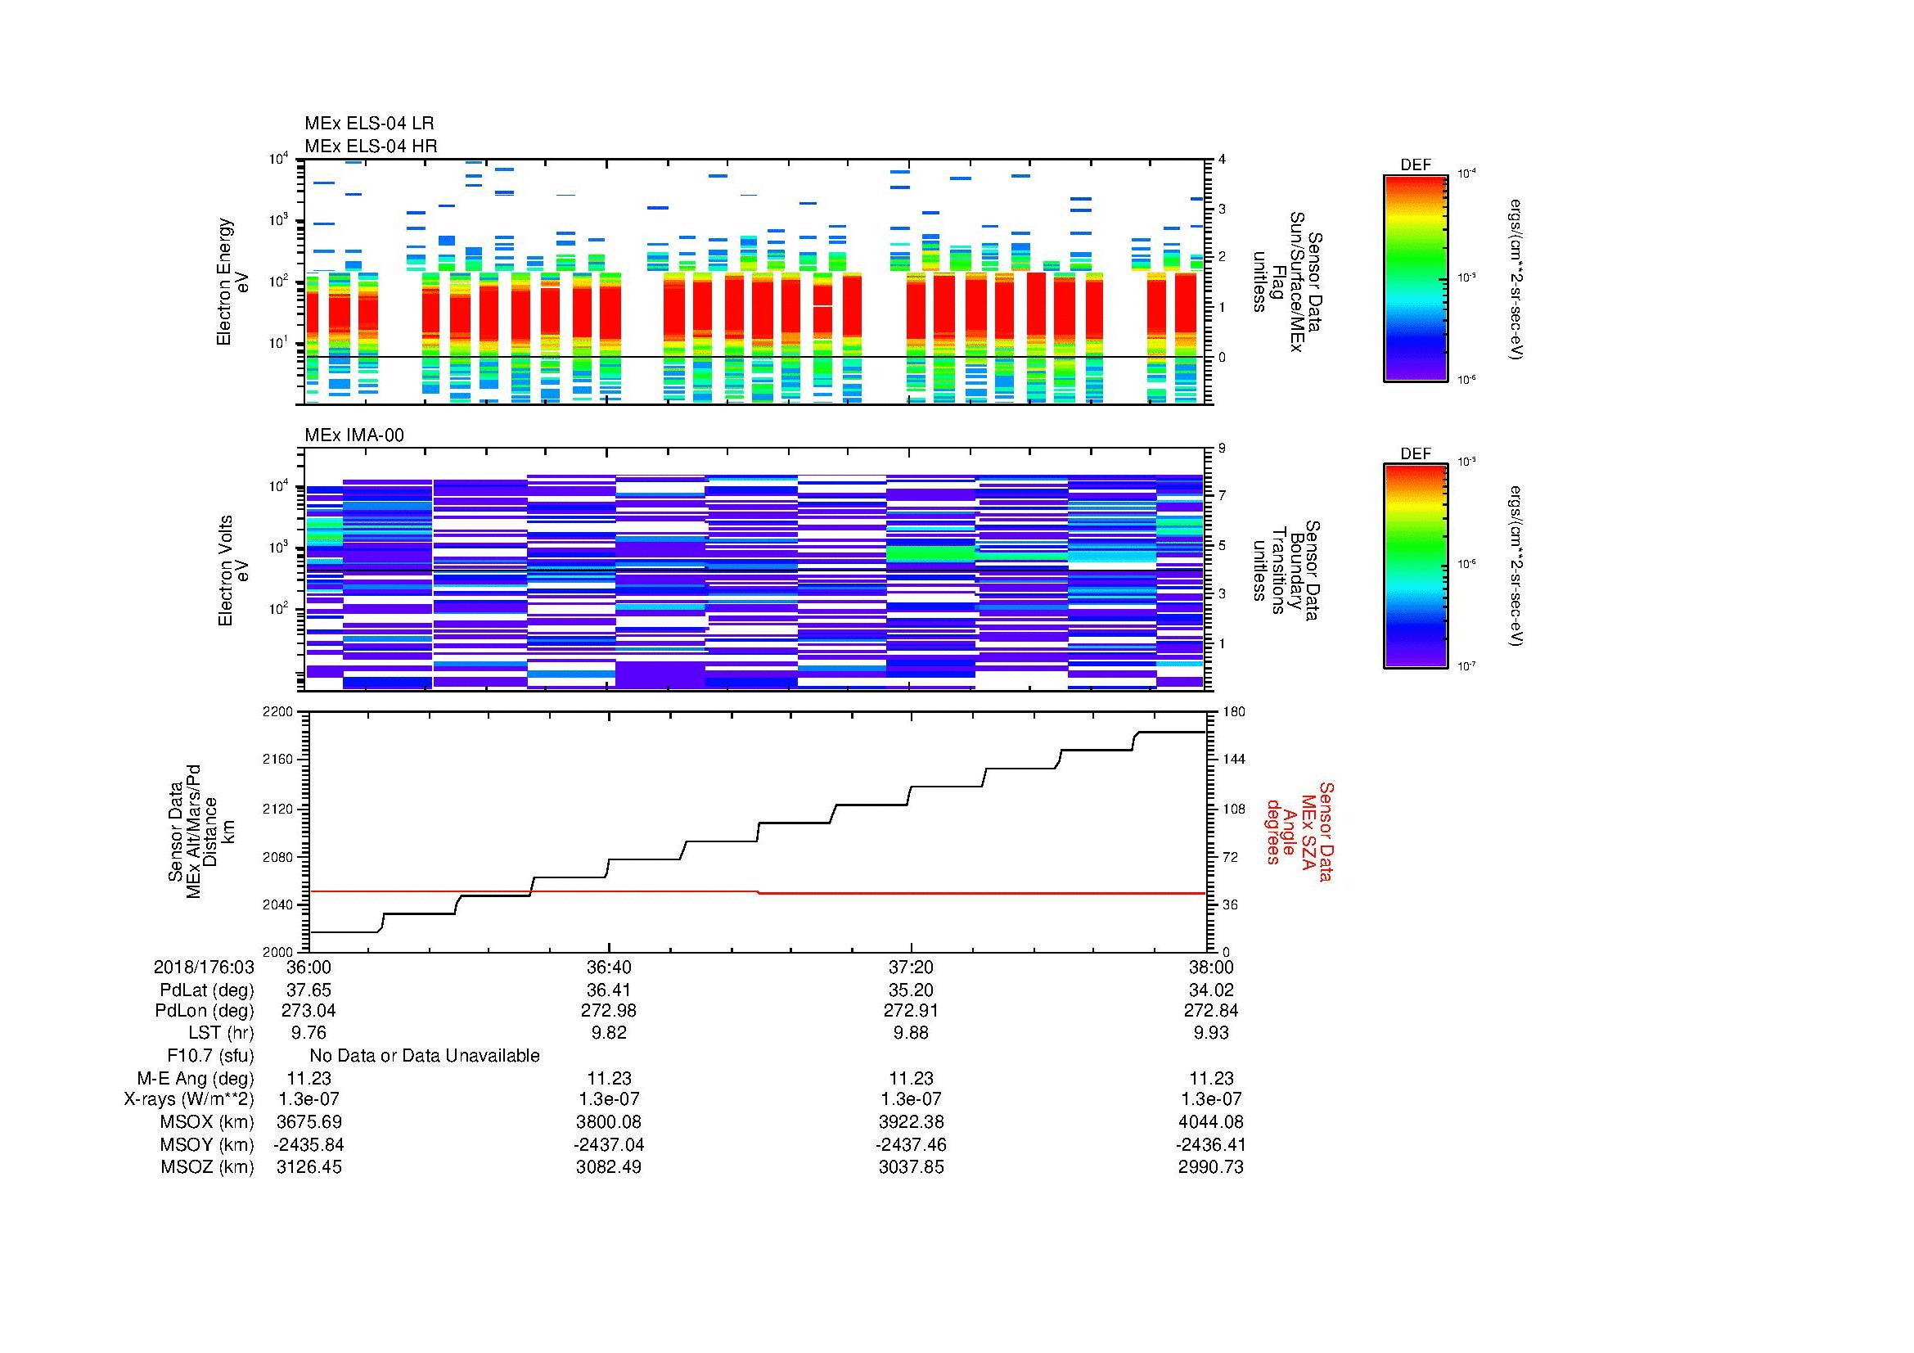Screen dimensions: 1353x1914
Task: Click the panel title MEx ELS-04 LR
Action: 368,124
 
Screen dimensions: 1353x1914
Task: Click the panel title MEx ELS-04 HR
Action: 370,146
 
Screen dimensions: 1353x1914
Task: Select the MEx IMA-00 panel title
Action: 354,435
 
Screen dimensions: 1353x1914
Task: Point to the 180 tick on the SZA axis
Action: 1232,712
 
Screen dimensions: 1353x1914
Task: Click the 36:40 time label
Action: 609,967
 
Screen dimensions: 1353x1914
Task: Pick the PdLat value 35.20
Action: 910,990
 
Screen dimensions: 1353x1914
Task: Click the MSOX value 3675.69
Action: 308,1122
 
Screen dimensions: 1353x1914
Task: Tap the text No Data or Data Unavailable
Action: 425,1056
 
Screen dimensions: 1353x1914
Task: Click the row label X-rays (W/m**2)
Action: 188,1099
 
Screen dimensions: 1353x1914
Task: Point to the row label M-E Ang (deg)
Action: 195,1079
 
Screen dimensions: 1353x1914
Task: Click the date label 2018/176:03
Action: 204,967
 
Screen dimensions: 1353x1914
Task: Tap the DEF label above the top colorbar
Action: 1415,165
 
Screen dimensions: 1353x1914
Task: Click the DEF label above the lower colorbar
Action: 1415,453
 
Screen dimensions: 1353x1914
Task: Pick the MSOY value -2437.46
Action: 910,1144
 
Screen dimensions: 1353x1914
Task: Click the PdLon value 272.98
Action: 609,1010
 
